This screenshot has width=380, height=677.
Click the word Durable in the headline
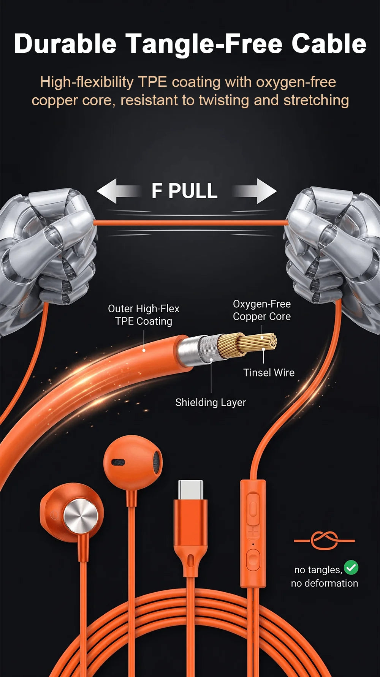[x=65, y=44]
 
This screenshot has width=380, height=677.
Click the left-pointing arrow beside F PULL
[x=118, y=191]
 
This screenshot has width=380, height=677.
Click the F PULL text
[x=185, y=191]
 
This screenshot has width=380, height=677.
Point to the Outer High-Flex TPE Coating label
[x=144, y=315]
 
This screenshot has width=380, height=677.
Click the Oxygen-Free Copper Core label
[x=262, y=310]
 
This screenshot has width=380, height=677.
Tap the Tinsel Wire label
[x=269, y=373]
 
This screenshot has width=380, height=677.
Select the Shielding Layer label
[x=211, y=402]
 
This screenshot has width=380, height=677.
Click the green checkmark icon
[x=351, y=568]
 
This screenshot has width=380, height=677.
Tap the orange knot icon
[x=324, y=540]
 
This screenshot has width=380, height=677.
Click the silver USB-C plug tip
[x=190, y=490]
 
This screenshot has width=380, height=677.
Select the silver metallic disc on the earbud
[x=81, y=516]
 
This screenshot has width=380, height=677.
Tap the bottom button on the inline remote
[x=253, y=561]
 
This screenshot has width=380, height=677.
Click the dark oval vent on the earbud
[x=118, y=462]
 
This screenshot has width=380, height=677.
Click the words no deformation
[x=325, y=583]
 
